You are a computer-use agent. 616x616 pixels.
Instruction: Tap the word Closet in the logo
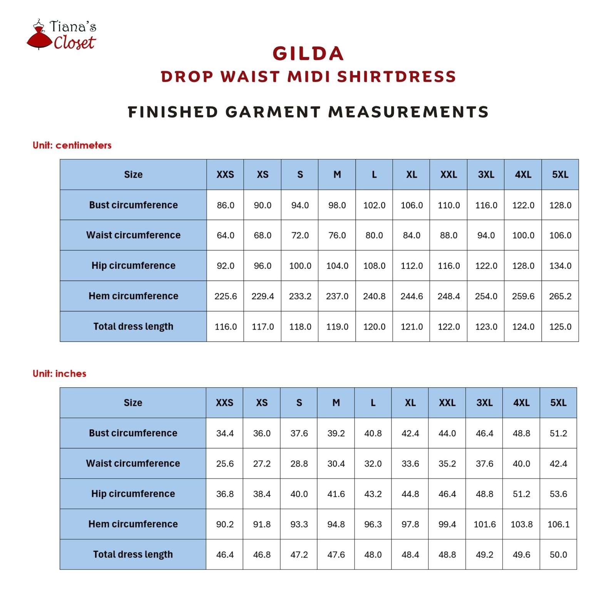tap(74, 43)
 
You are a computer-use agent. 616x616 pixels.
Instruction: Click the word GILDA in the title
tap(308, 54)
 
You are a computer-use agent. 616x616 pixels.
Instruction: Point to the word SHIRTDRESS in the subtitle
tap(397, 77)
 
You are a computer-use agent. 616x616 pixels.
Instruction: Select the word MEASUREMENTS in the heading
tap(408, 112)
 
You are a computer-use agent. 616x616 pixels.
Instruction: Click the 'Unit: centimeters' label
tap(72, 145)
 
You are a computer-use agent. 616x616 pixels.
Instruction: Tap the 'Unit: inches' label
tap(59, 373)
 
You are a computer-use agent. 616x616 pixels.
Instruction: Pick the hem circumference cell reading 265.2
tap(560, 296)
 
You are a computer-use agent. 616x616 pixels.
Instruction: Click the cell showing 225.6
tap(226, 296)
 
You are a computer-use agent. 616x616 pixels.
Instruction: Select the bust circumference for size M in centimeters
tap(337, 205)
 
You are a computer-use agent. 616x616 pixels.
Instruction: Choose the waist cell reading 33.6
tap(410, 464)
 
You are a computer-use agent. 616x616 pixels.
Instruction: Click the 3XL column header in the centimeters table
tap(486, 174)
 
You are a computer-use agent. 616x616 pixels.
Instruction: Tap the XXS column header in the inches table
tap(224, 403)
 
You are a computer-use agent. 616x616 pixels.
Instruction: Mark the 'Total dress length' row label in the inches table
tap(133, 554)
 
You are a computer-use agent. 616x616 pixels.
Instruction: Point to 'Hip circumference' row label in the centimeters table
tap(133, 266)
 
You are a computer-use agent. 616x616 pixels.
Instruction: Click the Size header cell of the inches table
tap(133, 403)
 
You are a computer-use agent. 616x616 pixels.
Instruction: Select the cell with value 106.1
tap(558, 524)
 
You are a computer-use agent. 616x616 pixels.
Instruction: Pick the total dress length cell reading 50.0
tap(558, 554)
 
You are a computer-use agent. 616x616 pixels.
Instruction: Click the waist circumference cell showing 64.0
tap(226, 235)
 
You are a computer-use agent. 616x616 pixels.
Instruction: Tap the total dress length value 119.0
tap(337, 326)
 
